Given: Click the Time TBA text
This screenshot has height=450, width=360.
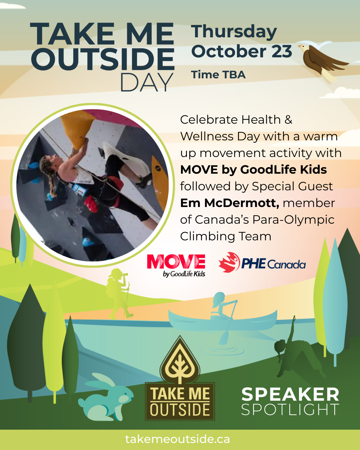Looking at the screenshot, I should [218, 75].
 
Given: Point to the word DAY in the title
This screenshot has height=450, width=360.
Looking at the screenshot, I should [147, 82].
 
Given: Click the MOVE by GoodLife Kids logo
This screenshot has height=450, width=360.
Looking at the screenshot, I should [176, 265].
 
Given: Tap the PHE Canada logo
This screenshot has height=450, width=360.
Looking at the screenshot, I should [262, 263].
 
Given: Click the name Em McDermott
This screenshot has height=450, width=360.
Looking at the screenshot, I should [229, 203].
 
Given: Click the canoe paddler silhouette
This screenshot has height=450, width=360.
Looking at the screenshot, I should [221, 308].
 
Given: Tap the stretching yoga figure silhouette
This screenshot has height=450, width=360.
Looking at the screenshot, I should [293, 350].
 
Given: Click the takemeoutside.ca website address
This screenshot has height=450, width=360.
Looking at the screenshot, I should [178, 439].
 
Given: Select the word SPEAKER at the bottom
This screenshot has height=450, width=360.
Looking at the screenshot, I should [290, 394].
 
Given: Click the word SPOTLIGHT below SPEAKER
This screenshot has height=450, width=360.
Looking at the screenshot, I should [290, 410].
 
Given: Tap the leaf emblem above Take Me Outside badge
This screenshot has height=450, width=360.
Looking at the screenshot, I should [180, 362].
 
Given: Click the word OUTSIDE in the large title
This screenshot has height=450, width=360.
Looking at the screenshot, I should [103, 59].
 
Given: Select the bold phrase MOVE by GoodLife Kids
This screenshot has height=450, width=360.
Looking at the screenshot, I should [253, 170].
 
